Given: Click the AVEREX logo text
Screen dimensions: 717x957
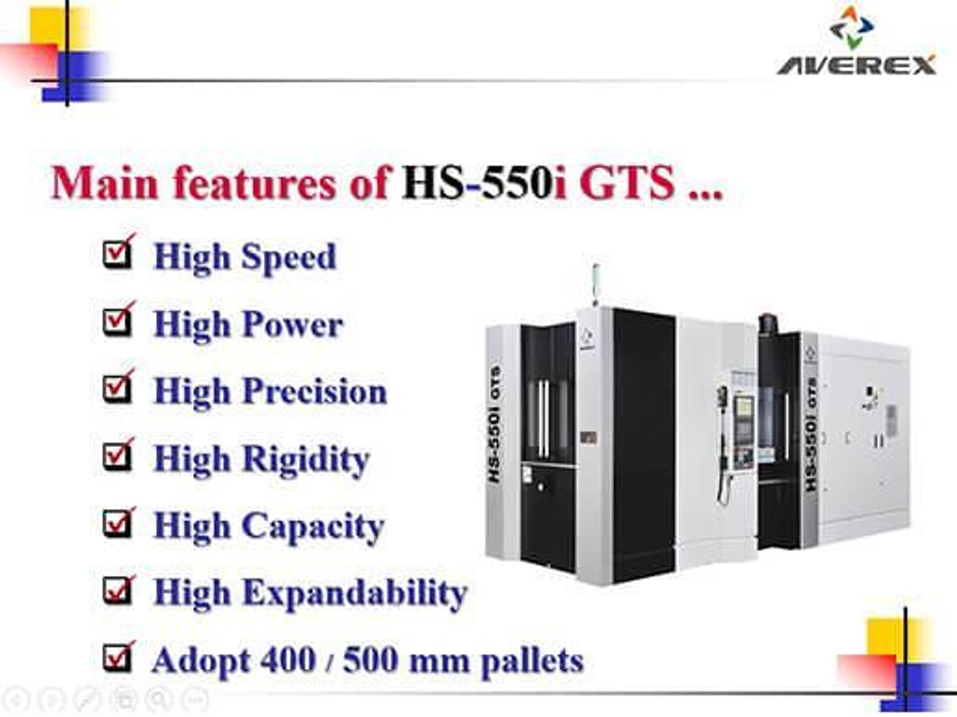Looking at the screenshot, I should click(x=857, y=65).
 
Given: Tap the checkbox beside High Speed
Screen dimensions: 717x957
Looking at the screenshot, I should click(x=117, y=255).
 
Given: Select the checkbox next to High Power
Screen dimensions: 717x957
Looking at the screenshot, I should click(x=117, y=323).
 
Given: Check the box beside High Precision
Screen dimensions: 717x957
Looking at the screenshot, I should click(x=117, y=390).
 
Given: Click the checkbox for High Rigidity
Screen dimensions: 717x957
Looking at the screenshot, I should click(x=117, y=458).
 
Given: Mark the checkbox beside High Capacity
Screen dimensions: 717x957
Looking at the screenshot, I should click(x=117, y=526).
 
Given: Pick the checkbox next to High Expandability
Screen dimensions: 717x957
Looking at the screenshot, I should click(x=117, y=593).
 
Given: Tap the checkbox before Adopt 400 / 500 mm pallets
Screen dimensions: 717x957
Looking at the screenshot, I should click(x=117, y=660).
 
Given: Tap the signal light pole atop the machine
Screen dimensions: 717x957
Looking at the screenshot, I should click(x=594, y=283).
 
